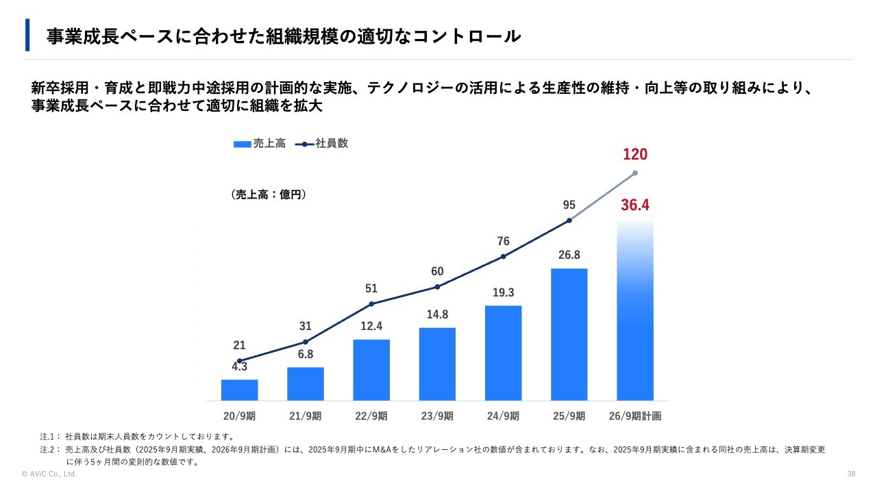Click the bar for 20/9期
239,390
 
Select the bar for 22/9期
371,370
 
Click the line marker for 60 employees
437,287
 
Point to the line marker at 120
635,173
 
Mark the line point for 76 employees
503,257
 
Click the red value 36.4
635,205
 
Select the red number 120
635,155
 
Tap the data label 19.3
503,292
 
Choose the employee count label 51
371,288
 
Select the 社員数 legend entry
323,144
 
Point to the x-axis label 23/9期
437,416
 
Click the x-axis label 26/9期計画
635,416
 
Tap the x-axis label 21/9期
305,416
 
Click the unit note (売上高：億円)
269,194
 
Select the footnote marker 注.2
49,450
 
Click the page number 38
852,474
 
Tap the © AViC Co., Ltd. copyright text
49,474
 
